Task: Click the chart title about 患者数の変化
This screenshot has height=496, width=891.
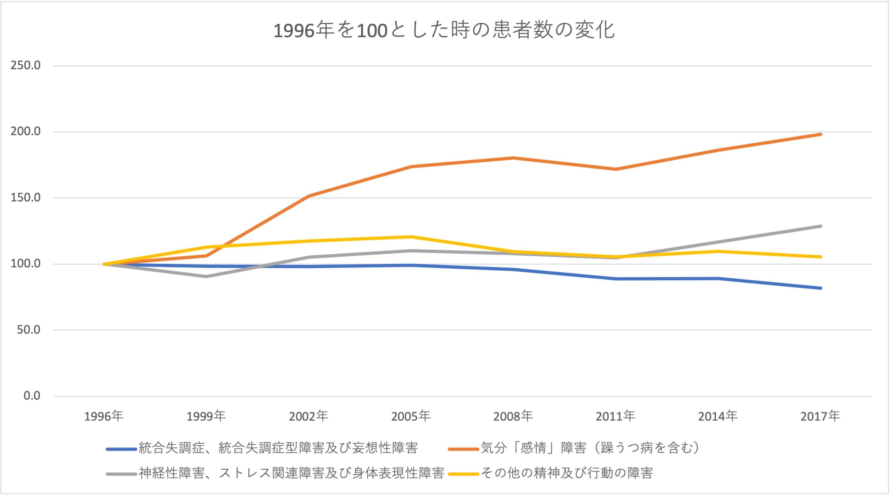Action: point(444,30)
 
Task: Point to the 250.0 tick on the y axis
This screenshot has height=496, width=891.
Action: point(25,65)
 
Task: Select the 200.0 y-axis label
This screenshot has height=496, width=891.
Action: point(25,131)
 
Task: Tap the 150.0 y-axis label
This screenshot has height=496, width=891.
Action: point(25,197)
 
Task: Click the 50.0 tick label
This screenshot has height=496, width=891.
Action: point(29,330)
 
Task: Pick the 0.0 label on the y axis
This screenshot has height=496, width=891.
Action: point(32,396)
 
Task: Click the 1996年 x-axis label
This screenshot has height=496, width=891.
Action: point(104,416)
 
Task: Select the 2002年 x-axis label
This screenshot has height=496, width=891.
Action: point(308,416)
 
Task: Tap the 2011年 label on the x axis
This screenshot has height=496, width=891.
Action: point(615,416)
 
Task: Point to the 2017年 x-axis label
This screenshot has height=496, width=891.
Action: point(820,416)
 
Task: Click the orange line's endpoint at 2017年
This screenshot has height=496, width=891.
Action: point(821,134)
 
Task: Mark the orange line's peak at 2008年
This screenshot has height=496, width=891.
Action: point(513,158)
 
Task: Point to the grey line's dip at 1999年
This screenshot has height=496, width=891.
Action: point(206,277)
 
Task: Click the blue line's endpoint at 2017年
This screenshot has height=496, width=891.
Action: point(821,288)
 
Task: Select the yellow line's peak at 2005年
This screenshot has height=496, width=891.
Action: point(411,237)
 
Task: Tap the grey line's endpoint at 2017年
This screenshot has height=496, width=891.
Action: point(821,226)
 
